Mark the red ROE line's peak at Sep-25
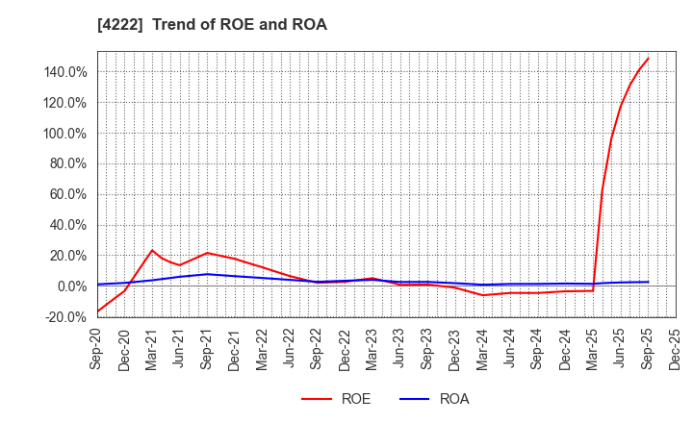click(648, 58)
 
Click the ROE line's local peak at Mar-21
click(152, 250)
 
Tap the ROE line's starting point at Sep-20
click(97, 311)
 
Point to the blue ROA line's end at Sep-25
click(648, 282)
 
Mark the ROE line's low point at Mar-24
click(482, 295)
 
